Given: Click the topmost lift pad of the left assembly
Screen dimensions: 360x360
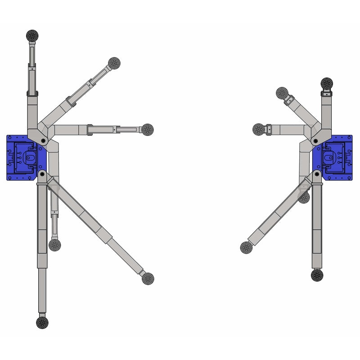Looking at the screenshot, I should [x=33, y=35].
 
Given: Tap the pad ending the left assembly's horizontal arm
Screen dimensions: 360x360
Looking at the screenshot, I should [x=147, y=130].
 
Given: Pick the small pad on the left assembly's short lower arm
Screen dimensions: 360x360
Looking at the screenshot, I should [x=55, y=245].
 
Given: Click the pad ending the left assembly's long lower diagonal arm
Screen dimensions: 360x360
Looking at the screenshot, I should [x=148, y=279].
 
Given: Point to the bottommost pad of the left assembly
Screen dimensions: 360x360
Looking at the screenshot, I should [x=42, y=322].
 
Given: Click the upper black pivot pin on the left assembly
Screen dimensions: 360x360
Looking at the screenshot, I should [x=43, y=141].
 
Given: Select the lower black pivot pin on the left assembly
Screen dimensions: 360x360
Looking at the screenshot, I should [x=42, y=173].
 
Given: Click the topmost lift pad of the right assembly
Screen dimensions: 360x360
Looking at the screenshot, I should [x=327, y=83].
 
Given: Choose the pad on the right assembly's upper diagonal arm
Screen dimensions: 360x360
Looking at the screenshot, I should [x=282, y=93].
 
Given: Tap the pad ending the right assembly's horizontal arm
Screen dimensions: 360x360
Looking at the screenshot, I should [x=259, y=129].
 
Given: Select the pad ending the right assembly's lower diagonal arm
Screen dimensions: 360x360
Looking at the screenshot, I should [x=247, y=247].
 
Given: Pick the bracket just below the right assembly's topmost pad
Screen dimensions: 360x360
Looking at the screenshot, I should [x=327, y=93].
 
